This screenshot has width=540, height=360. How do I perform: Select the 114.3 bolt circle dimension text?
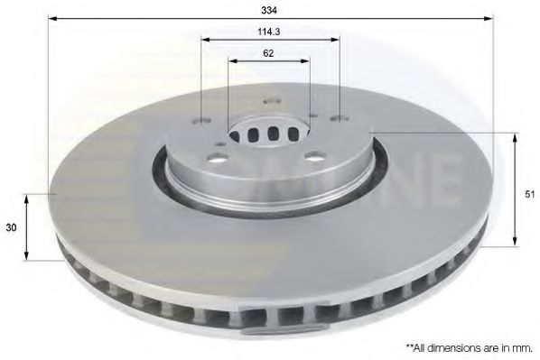click(268, 32)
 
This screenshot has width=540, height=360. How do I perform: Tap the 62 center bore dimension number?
click(268, 53)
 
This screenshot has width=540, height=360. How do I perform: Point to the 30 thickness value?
click(11, 228)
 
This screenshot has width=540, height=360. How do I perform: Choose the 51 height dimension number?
click(529, 193)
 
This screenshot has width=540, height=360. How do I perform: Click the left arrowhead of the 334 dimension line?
click(53, 18)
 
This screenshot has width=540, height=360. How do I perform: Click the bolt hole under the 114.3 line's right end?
click(340, 117)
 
